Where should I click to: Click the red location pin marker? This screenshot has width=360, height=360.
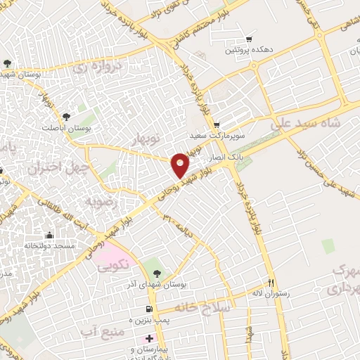pos(181,165)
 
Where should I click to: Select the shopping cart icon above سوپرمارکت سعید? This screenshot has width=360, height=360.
pos(217,124)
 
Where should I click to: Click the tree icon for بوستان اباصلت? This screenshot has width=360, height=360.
pos(67,117)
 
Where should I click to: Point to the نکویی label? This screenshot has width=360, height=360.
pos(112,266)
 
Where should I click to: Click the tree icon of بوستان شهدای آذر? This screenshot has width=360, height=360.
pos(156,274)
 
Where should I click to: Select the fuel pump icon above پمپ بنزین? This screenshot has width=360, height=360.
pos(148,309)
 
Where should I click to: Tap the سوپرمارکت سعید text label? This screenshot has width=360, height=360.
pos(218,134)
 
